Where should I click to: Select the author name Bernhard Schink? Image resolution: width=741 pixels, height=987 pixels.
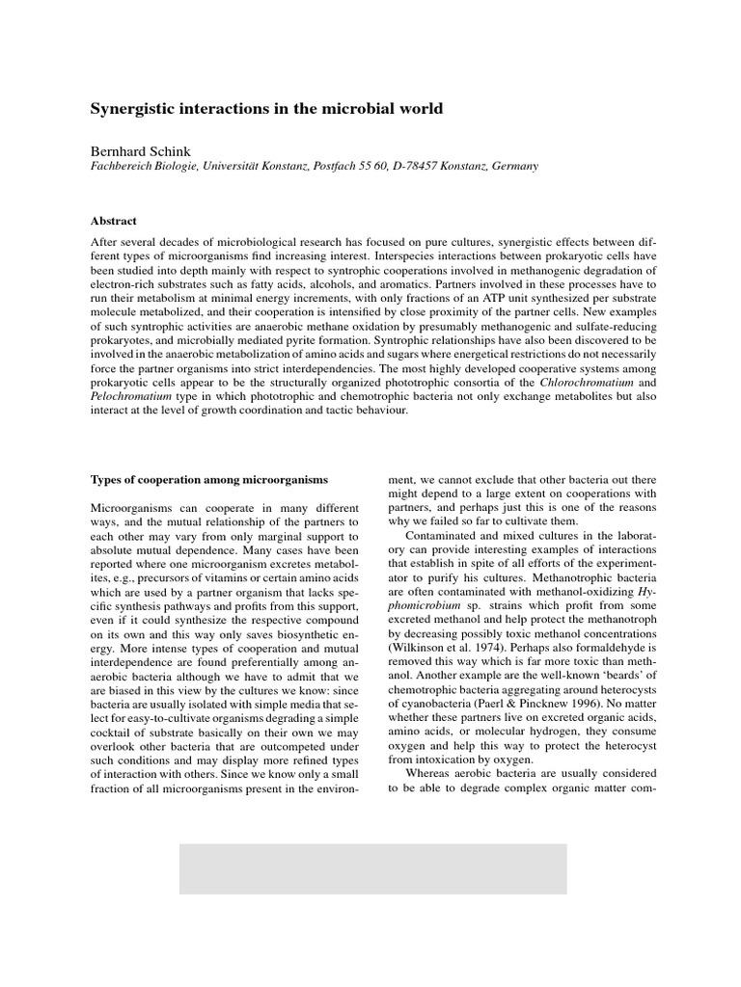[141, 150]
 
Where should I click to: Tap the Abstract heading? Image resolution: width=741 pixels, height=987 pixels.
[114, 221]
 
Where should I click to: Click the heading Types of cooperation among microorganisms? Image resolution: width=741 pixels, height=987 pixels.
[209, 479]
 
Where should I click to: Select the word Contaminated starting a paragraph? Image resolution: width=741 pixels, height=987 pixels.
[451, 535]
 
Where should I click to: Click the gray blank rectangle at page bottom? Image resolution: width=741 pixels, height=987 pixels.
[372, 868]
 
